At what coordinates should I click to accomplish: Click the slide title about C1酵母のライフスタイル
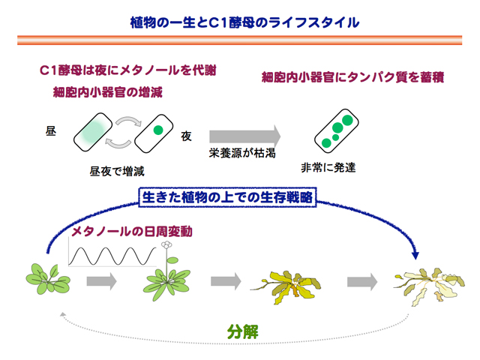240,23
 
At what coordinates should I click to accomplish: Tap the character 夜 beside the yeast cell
187,136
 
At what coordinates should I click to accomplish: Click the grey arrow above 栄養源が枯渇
244,136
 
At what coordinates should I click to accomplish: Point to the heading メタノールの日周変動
132,231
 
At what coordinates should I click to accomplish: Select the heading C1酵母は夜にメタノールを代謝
128,70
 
